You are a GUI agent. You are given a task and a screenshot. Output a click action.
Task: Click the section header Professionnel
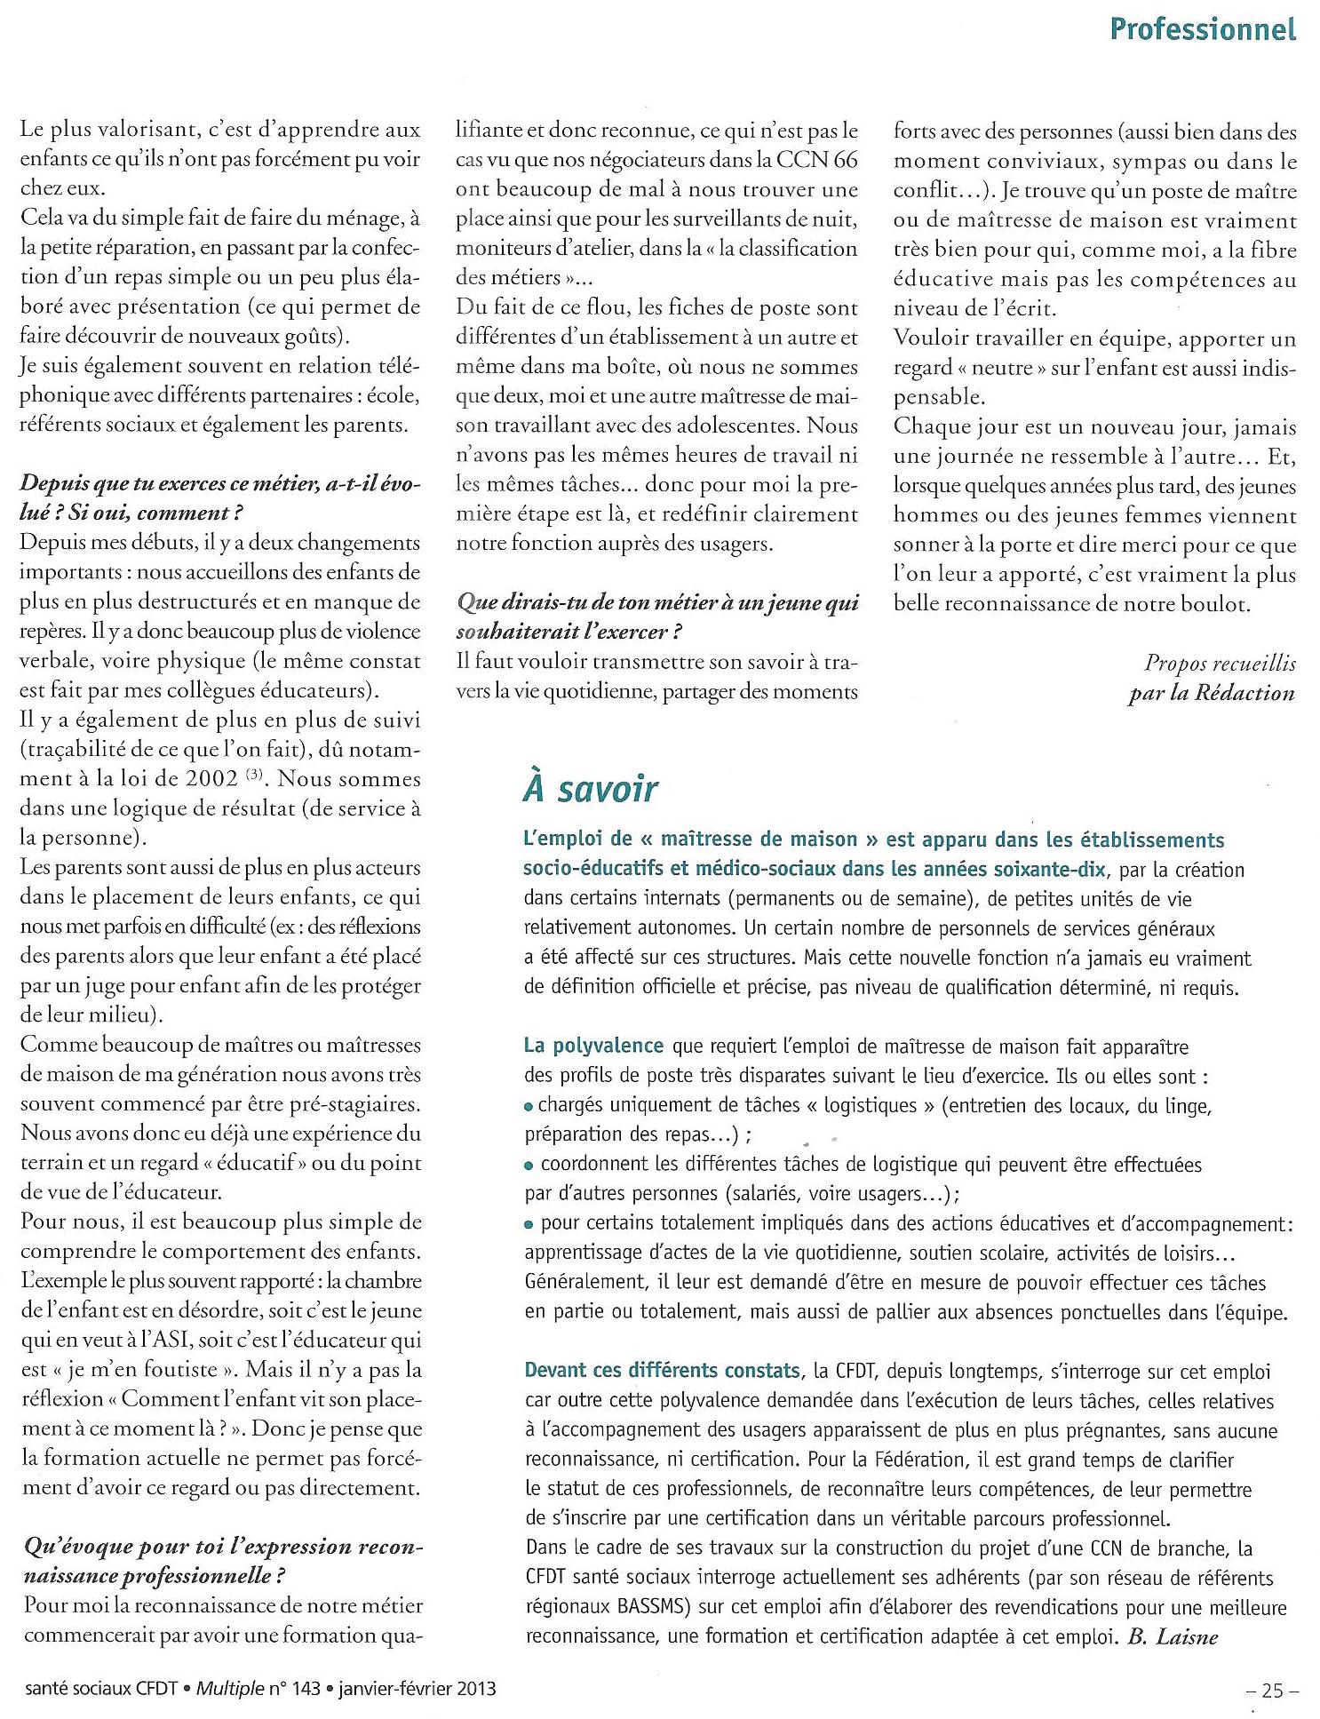point(1203,29)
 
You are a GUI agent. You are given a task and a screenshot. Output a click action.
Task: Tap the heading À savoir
point(591,789)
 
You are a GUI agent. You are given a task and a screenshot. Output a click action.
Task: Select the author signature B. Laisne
point(1173,1636)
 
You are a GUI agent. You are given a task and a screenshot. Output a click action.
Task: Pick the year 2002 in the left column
point(211,779)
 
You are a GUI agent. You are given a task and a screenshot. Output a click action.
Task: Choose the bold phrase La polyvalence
point(593,1046)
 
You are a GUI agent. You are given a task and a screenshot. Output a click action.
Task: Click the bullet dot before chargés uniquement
point(529,1107)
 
